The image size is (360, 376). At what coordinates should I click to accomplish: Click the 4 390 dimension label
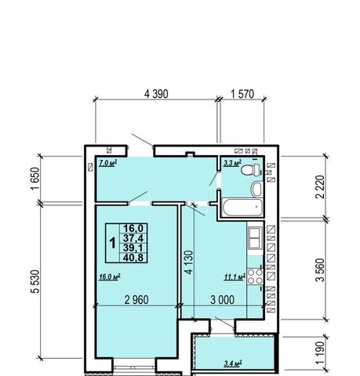tap(156, 94)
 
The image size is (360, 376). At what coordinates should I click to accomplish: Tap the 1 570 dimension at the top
tap(242, 94)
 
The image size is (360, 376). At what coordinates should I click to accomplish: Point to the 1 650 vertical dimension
tap(35, 179)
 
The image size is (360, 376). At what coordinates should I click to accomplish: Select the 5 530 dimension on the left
tap(35, 281)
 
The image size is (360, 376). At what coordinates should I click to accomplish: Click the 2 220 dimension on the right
tap(320, 187)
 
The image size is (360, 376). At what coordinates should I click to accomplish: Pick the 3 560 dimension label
tap(320, 270)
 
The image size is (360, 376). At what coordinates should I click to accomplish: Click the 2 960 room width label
tap(136, 300)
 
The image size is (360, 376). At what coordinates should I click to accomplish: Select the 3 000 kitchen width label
tap(223, 300)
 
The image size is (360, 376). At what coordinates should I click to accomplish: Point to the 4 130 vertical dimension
tap(189, 262)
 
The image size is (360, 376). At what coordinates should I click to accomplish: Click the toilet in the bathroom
tap(250, 169)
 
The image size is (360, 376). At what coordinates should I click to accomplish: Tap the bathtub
tap(242, 208)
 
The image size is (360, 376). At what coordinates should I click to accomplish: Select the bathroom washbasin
tap(256, 190)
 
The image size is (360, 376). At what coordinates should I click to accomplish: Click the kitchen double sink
tap(255, 238)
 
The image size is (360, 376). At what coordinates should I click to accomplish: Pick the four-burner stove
tap(255, 277)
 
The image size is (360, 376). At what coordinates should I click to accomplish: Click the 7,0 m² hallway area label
tap(107, 163)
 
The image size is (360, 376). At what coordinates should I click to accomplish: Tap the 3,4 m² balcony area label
tap(233, 363)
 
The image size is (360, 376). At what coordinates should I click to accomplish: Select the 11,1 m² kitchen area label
tap(235, 277)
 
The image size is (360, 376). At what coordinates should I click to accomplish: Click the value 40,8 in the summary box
tap(133, 258)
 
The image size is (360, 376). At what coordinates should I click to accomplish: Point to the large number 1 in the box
tap(113, 243)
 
